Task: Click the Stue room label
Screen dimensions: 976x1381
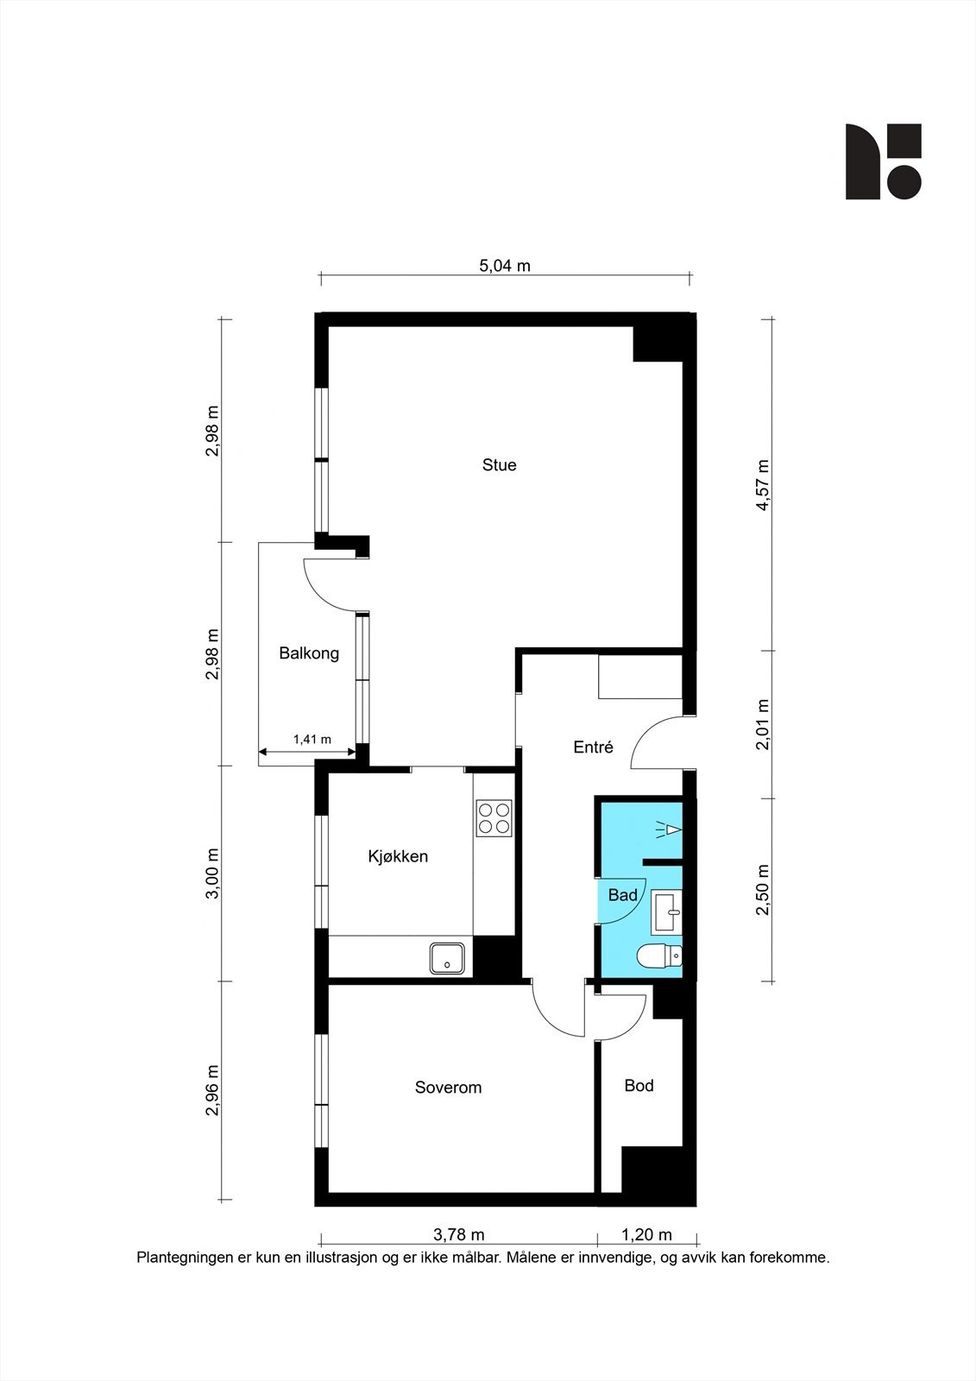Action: (499, 465)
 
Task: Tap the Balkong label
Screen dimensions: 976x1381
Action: (309, 653)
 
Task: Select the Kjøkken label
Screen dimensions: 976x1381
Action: (398, 856)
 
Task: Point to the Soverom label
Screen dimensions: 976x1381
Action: (448, 1088)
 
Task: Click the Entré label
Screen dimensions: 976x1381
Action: (593, 747)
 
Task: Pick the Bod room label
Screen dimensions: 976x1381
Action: (639, 1086)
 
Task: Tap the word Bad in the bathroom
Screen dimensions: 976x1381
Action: (623, 894)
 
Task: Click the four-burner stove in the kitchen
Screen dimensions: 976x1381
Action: (494, 818)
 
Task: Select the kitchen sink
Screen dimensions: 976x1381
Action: (448, 959)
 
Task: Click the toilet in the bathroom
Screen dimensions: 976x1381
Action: (659, 957)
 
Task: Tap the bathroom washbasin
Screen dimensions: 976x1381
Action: (666, 911)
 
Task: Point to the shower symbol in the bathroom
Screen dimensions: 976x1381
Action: (669, 829)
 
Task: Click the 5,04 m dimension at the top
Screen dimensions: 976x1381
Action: (505, 266)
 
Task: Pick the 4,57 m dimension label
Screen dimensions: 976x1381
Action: (764, 485)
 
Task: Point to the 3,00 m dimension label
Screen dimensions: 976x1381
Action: (212, 873)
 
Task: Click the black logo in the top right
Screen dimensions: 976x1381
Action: (884, 161)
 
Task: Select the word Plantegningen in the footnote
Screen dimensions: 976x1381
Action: (185, 1257)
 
